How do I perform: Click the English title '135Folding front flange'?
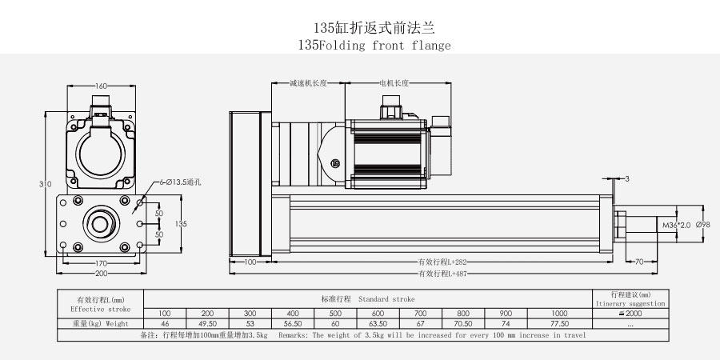[373, 45]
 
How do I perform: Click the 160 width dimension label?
[102, 86]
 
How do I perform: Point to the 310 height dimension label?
[46, 184]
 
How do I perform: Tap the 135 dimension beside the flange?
[180, 224]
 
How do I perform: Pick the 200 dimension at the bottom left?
[101, 274]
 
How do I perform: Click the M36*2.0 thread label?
[675, 226]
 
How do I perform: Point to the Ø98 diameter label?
[703, 226]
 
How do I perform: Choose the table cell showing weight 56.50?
[292, 323]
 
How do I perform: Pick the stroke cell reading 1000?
[559, 312]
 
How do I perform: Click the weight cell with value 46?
[164, 323]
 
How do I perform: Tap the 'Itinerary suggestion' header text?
[630, 304]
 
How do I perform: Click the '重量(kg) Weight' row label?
[100, 323]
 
